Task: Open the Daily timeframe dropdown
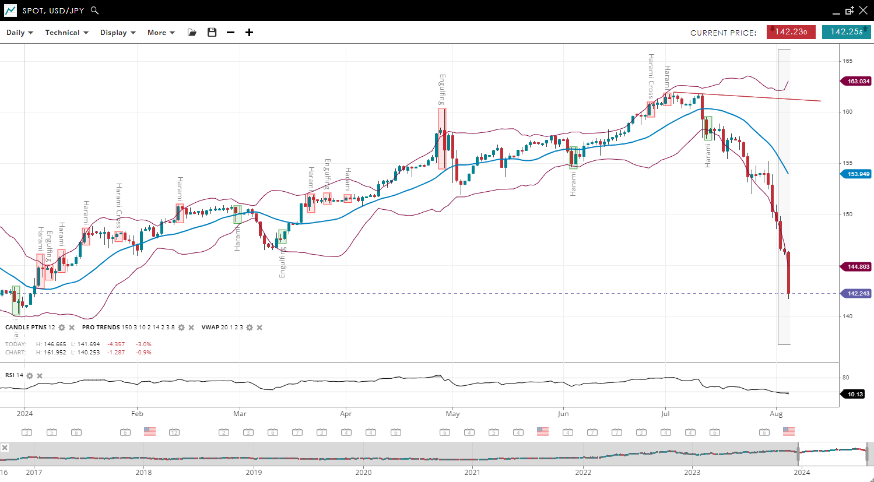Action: click(19, 33)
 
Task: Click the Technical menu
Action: click(66, 33)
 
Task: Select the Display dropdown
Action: click(117, 33)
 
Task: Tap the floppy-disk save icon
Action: click(212, 33)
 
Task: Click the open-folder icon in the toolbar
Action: click(192, 33)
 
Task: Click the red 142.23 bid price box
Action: click(791, 32)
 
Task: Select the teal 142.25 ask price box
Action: click(846, 32)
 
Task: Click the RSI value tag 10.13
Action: click(854, 395)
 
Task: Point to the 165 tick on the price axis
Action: click(847, 61)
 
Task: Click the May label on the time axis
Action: click(452, 414)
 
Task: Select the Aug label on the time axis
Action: click(776, 414)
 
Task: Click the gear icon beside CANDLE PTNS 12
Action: click(62, 328)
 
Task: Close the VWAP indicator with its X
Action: click(259, 328)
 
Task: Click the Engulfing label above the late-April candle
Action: click(443, 89)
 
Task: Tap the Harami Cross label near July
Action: click(651, 76)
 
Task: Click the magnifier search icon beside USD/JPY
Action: click(95, 10)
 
